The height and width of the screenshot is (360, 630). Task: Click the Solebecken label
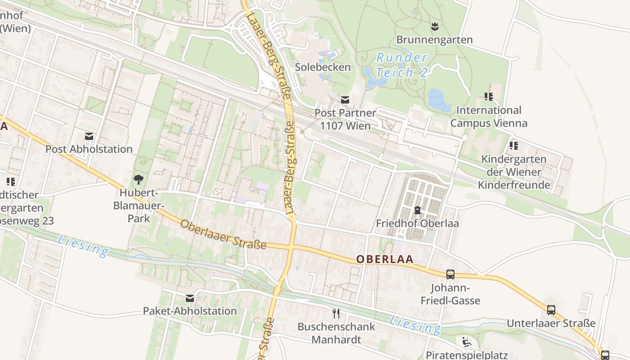(x=323, y=67)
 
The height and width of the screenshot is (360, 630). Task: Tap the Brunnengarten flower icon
(x=435, y=27)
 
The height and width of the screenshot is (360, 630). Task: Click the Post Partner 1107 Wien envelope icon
(x=345, y=100)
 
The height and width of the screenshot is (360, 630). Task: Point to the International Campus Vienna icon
(x=489, y=96)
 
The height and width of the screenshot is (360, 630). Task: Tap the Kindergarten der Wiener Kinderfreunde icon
(x=513, y=145)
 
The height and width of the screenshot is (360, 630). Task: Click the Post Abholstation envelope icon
(x=89, y=136)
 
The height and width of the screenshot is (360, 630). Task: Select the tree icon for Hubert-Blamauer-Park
(x=139, y=180)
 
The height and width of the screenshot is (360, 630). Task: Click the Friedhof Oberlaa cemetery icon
(x=417, y=210)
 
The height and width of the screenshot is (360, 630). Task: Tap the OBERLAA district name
(x=385, y=260)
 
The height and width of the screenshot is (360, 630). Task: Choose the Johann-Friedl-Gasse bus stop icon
(x=450, y=274)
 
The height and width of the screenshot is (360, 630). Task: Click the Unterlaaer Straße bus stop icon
(x=551, y=310)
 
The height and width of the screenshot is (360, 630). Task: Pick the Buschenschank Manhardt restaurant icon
(x=336, y=313)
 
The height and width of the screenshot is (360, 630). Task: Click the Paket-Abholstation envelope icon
(x=190, y=298)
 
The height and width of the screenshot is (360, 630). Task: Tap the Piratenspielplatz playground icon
(x=467, y=342)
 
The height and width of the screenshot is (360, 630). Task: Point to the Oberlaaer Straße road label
(x=223, y=234)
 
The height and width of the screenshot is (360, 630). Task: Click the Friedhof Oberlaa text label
(x=417, y=223)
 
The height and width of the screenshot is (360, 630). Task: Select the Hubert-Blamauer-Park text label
(x=139, y=206)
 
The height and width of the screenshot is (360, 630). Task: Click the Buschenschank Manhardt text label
(x=336, y=333)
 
